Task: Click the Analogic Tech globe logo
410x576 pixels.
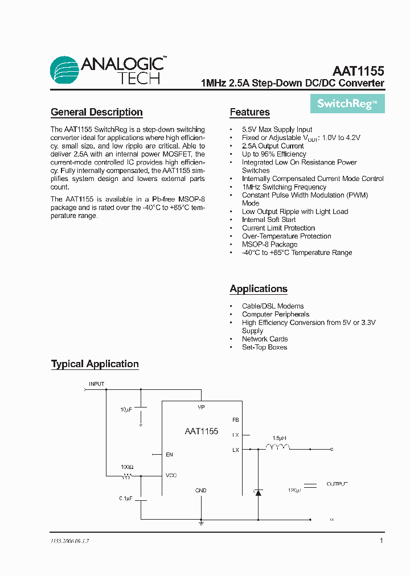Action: [x=64, y=71]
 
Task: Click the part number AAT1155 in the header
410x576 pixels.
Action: [x=358, y=72]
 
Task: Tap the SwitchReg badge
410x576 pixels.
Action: [x=347, y=104]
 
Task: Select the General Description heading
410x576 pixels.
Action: [x=97, y=112]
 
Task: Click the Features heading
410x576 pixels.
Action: [x=249, y=112]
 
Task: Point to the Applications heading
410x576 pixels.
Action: [x=259, y=289]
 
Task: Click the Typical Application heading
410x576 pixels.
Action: [x=95, y=364]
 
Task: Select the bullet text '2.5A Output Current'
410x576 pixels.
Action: [x=273, y=146]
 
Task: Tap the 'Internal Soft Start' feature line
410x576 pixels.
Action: [x=269, y=220]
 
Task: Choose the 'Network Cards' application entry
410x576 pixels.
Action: [x=265, y=339]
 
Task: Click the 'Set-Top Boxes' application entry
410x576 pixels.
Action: [x=264, y=347]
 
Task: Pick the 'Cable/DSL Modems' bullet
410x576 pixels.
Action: [x=273, y=306]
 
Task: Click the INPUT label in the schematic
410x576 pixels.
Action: [x=96, y=384]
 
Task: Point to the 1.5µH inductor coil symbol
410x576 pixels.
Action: [x=278, y=447]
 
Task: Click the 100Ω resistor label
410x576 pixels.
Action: [x=127, y=467]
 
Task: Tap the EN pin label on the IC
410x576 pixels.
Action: [x=169, y=455]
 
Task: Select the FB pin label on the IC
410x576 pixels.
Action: [x=235, y=419]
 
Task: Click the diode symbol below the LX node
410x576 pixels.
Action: [x=258, y=492]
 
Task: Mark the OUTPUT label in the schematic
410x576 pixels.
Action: [x=336, y=484]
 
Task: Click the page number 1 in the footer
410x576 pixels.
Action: [x=381, y=541]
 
